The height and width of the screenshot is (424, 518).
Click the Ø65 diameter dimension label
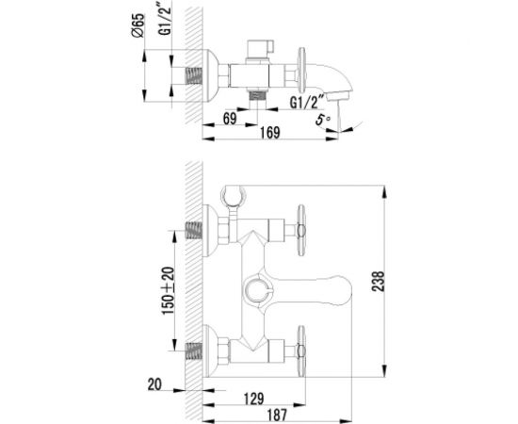(x=138, y=25)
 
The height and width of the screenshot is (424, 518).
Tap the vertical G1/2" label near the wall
(x=166, y=18)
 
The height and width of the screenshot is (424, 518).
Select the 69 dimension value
(x=230, y=119)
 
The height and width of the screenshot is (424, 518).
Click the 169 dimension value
(x=270, y=133)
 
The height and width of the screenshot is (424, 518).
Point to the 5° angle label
(x=323, y=120)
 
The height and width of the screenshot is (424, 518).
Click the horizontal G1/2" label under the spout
(x=305, y=102)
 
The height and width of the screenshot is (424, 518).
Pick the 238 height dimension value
(x=379, y=281)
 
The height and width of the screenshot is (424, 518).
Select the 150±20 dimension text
(x=169, y=290)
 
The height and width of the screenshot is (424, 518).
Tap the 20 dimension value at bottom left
(x=154, y=384)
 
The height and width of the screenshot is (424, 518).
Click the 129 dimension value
(x=253, y=399)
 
